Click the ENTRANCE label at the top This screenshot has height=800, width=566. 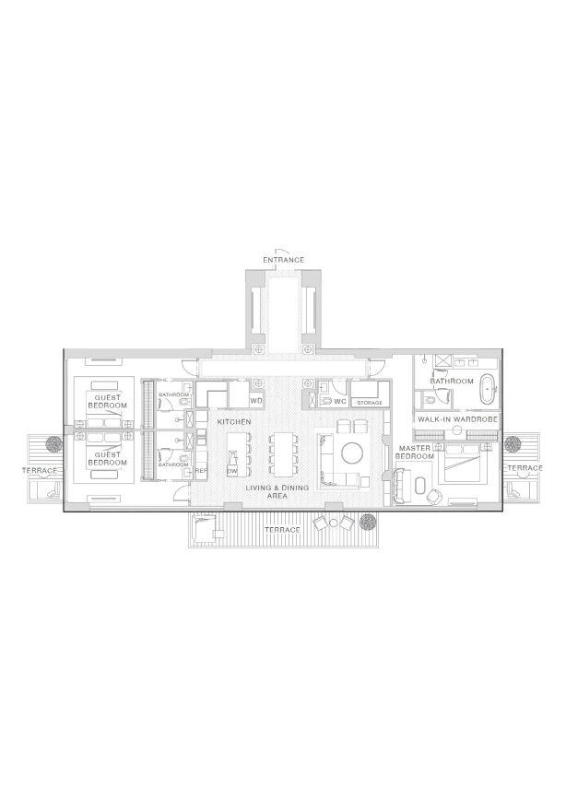pos(283,260)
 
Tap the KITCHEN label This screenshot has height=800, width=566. pos(234,422)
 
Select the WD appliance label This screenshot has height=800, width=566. pos(256,401)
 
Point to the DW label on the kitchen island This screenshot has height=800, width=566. pos(232,472)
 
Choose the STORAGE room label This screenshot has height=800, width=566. pos(370,403)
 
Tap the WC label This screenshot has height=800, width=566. pos(340,402)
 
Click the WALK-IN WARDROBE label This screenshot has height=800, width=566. pos(457,419)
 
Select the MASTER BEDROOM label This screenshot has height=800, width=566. pos(415,452)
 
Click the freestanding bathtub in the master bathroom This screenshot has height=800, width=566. pos(489,391)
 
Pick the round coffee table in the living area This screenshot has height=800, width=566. pos(352,453)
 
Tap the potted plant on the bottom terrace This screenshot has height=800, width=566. pos(368,522)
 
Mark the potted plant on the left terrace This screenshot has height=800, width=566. pos(53,444)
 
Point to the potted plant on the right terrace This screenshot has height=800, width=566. pos(512,443)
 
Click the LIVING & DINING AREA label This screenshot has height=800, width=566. pos(277,492)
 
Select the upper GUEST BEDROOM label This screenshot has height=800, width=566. pos(108,402)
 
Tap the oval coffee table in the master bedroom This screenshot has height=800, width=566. pos(420,486)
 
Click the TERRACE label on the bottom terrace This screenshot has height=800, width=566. pos(282,530)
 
